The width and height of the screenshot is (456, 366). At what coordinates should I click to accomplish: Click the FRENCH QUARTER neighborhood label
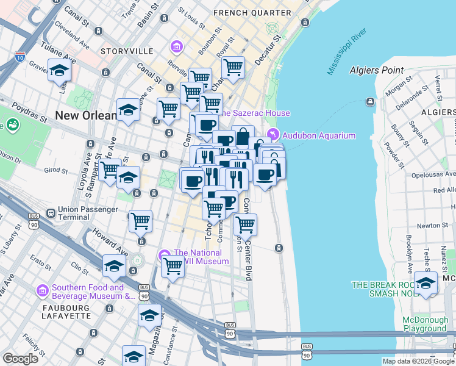(x=252, y=13)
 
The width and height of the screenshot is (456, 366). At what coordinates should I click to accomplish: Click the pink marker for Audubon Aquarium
(x=272, y=135)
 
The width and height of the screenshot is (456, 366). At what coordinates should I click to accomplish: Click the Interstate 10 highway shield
(x=20, y=56)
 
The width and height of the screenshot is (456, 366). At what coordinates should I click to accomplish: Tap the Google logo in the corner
(x=20, y=358)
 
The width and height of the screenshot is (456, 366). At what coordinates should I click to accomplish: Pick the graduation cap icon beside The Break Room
(x=426, y=282)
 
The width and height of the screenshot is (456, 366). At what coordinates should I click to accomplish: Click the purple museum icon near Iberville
(x=177, y=46)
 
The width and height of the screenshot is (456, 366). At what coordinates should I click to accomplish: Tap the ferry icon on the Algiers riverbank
(x=370, y=101)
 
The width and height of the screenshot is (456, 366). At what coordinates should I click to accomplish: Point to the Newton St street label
(x=433, y=225)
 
